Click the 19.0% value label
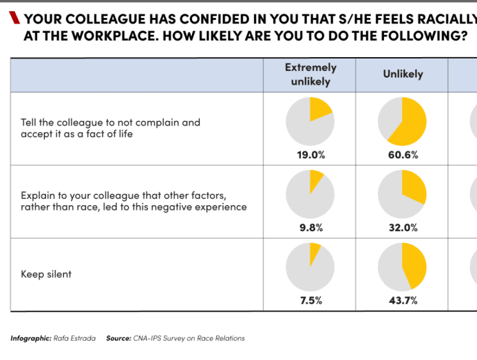tap(310, 155)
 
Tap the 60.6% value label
tap(403, 155)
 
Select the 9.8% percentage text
tap(310, 228)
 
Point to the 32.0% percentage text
tap(403, 228)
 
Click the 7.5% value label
tap(310, 301)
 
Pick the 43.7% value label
tap(403, 301)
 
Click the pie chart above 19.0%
tap(310, 121)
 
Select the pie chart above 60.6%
tap(403, 121)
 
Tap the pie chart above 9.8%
tap(310, 194)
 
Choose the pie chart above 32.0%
tap(403, 194)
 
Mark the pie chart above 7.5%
tap(310, 267)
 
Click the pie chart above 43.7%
tap(403, 267)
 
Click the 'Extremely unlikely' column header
tap(310, 74)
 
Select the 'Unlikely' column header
tap(403, 74)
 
